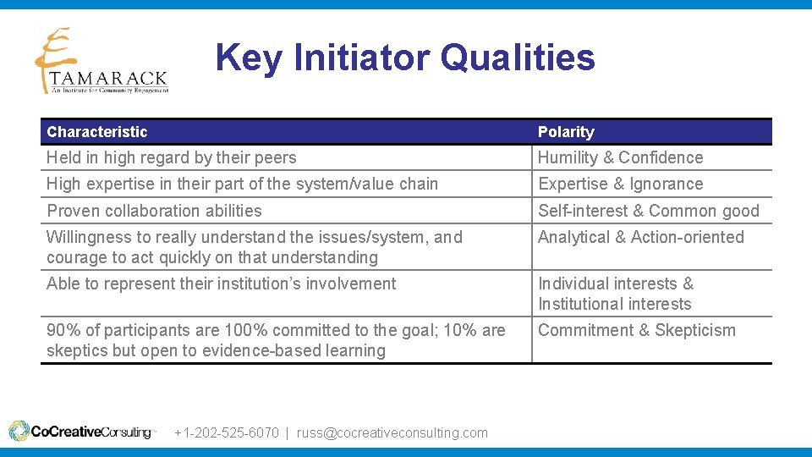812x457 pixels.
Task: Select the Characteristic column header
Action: (97, 132)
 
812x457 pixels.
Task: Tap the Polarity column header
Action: (566, 132)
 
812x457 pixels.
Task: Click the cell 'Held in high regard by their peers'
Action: (172, 158)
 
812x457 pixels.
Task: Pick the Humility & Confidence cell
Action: (620, 158)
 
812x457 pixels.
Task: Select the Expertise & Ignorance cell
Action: (620, 184)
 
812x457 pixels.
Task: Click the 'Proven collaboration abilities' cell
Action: (154, 211)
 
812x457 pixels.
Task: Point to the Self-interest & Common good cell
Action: (649, 211)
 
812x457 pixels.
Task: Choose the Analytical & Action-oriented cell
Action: (640, 238)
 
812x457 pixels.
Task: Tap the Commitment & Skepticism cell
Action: (637, 331)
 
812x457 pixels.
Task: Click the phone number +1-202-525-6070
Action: (226, 432)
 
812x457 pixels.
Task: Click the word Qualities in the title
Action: (518, 58)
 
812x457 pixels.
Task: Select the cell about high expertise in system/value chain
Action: (242, 184)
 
